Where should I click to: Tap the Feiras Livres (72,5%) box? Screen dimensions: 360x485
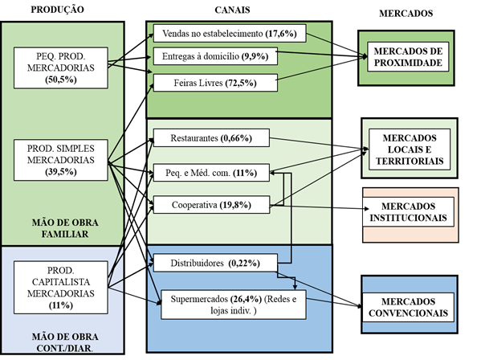click(x=214, y=82)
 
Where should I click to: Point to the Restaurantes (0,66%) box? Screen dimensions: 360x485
click(x=210, y=137)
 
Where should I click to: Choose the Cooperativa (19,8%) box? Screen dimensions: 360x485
click(x=210, y=204)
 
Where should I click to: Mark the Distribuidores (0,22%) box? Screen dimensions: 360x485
click(x=214, y=263)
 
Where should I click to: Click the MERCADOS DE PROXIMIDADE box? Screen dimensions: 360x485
click(x=407, y=57)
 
